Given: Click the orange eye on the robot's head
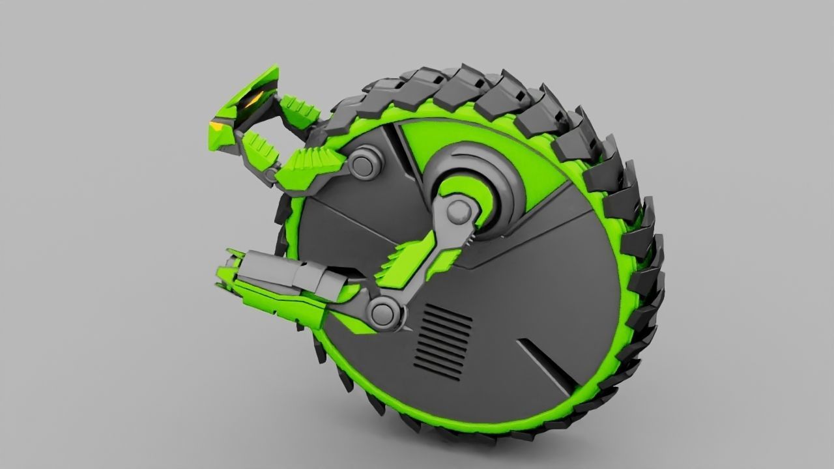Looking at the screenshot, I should click(x=253, y=100).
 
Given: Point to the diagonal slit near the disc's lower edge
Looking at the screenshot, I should click(x=546, y=362).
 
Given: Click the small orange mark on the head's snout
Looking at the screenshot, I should click(x=215, y=124).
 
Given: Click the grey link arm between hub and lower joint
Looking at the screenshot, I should click(x=424, y=261).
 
